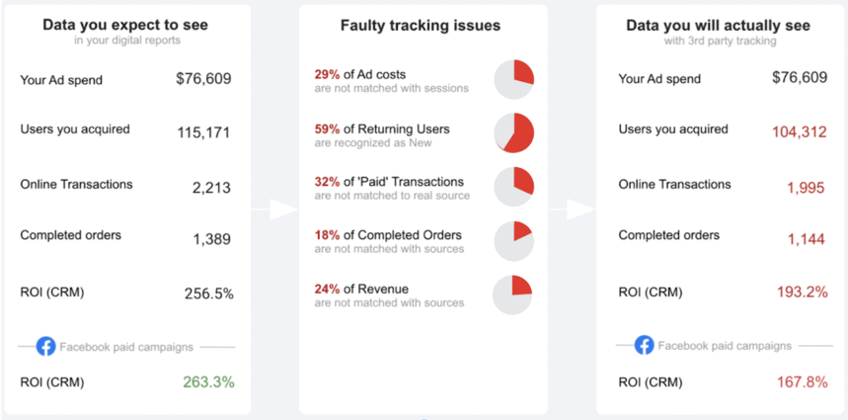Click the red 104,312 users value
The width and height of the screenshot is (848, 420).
click(800, 131)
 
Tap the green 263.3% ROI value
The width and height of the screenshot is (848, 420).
click(208, 381)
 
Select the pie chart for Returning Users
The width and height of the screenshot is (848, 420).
click(513, 133)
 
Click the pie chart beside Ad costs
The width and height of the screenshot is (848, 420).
click(513, 80)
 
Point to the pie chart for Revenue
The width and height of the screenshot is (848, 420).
click(513, 294)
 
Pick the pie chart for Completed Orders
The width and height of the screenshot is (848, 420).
click(513, 240)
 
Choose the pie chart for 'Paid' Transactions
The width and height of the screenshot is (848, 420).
click(513, 187)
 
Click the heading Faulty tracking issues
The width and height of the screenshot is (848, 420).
click(421, 26)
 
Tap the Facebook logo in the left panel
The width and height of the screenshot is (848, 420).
click(46, 347)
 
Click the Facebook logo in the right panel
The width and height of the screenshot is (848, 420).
click(644, 346)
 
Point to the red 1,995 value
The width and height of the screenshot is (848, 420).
click(806, 188)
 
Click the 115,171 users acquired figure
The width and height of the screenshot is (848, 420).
click(203, 131)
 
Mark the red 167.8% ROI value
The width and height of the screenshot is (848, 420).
click(803, 381)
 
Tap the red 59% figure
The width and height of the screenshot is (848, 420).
click(326, 128)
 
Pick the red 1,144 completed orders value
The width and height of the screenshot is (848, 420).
click(806, 239)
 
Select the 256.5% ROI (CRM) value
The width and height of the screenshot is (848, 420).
click(208, 294)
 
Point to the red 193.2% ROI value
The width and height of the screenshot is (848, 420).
click(803, 293)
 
